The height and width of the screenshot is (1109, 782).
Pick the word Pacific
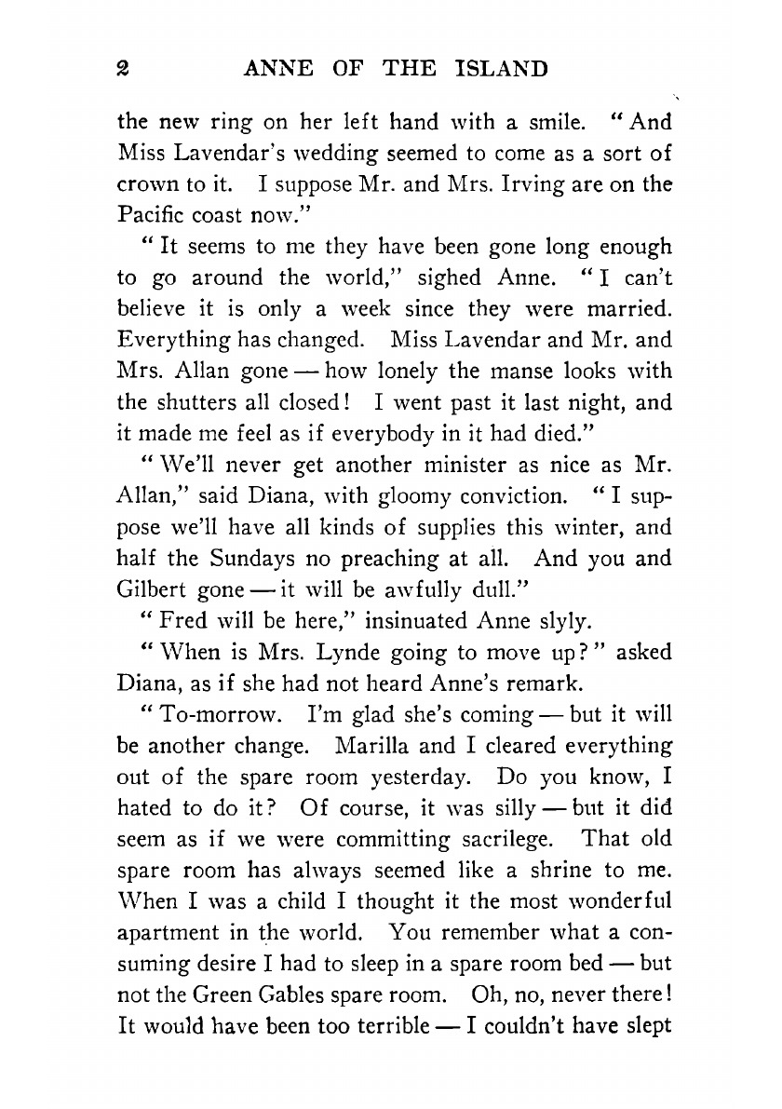[150, 215]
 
